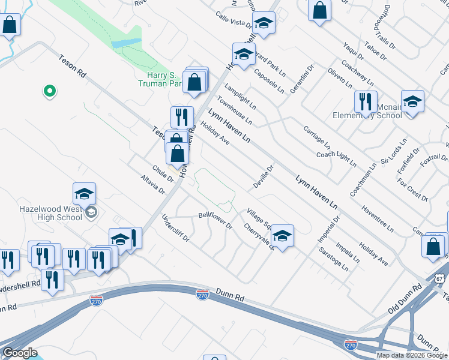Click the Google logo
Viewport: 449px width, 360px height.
(19, 352)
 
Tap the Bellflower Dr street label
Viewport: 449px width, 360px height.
(215, 220)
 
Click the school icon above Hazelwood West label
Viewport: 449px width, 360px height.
(84, 193)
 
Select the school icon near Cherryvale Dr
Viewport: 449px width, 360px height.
(282, 235)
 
